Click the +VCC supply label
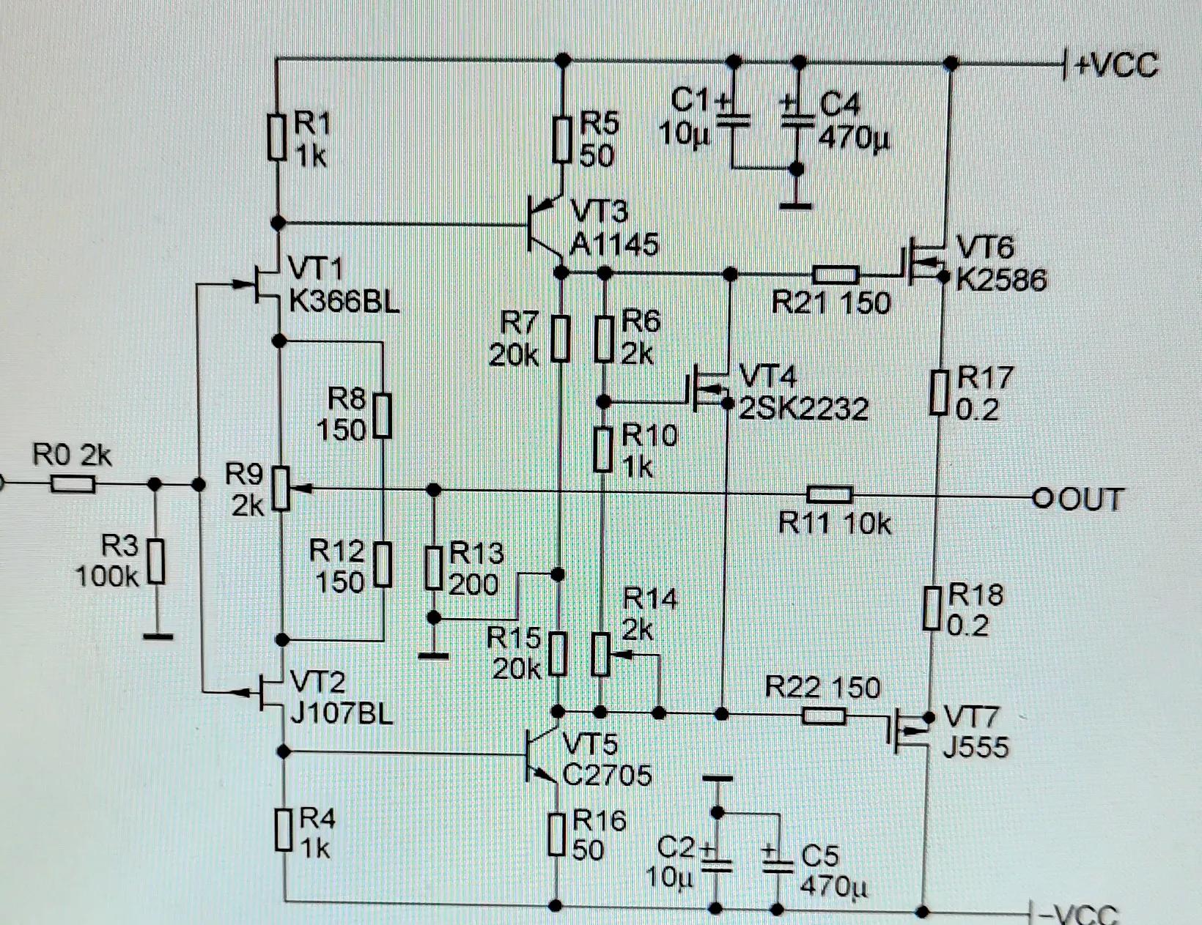click(1116, 66)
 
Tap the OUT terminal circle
click(1041, 499)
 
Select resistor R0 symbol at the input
click(73, 484)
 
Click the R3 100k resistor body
click(156, 561)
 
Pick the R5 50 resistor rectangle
click(561, 141)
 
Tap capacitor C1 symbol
click(734, 121)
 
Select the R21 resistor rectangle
click(836, 275)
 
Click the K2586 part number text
click(1001, 280)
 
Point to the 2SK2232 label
click(803, 409)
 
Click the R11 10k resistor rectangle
click(829, 494)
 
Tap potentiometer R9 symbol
click(281, 488)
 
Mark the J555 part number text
click(976, 747)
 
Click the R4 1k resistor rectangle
click(284, 829)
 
